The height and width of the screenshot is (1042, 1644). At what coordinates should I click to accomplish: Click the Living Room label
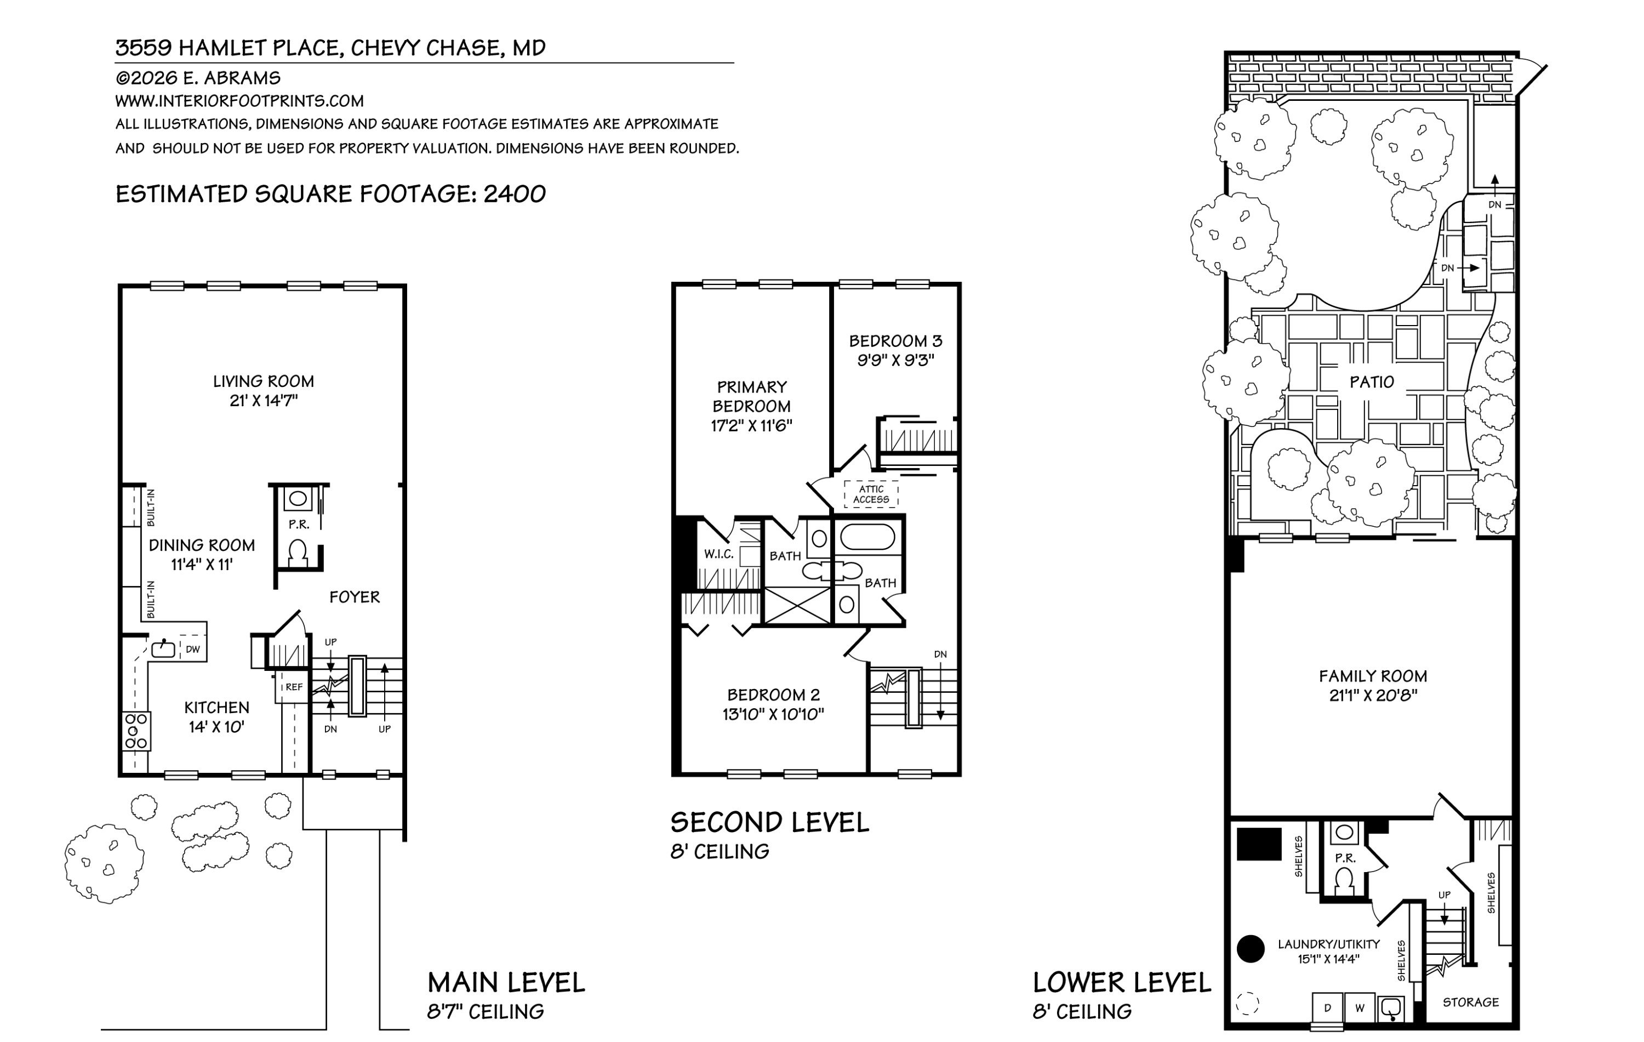point(264,381)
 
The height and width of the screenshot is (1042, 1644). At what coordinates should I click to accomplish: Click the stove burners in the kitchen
point(136,731)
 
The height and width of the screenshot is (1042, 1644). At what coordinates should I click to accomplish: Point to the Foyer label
point(355,597)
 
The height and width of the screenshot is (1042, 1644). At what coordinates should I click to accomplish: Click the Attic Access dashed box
point(871,494)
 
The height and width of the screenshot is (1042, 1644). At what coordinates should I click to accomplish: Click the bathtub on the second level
point(867,538)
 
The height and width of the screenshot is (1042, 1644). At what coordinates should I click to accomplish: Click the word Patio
point(1372,382)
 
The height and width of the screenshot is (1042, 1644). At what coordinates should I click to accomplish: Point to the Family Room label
point(1373,676)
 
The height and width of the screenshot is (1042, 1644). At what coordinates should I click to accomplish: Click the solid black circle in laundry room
point(1251,948)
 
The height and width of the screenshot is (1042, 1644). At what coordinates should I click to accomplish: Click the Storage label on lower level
point(1471,1003)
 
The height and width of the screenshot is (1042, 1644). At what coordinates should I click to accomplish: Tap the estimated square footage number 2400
point(515,194)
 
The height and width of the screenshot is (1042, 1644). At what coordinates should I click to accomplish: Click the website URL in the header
point(239,101)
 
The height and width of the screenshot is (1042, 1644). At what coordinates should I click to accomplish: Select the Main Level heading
point(506,983)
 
